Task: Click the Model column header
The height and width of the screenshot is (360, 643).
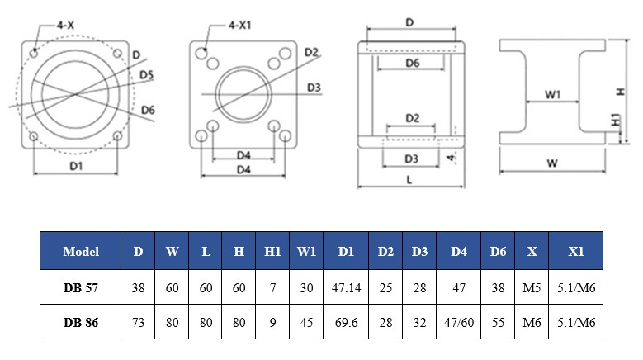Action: [81, 252]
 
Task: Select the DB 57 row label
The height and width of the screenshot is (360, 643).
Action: [81, 288]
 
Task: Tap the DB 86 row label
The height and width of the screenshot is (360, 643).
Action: [81, 324]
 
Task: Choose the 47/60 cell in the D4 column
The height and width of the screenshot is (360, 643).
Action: [459, 324]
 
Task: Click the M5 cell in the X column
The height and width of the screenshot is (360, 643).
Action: [532, 288]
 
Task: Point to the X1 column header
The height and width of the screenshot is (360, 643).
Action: [575, 252]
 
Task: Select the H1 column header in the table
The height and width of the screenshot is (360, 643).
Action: [272, 252]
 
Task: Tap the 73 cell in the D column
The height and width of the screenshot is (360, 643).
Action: [138, 324]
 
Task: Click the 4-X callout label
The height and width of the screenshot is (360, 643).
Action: [66, 26]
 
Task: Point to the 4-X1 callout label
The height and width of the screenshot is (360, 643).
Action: [240, 26]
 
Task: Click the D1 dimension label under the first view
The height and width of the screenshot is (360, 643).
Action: [76, 166]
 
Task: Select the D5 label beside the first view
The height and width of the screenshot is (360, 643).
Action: [146, 75]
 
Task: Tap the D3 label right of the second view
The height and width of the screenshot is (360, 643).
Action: [313, 87]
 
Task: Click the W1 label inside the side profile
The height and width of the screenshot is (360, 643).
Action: [553, 95]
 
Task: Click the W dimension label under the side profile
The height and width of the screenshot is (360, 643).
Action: [552, 163]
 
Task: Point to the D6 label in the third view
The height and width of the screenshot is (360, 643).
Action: [413, 63]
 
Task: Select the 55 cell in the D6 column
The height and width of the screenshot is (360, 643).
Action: [497, 324]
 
